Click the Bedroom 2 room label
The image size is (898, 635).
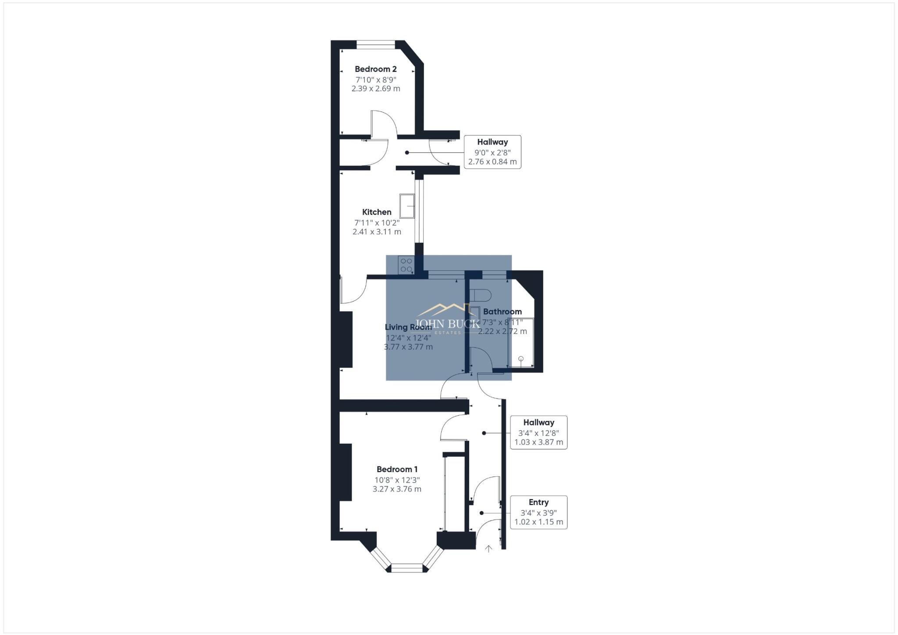376,69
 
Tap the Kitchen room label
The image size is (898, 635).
377,212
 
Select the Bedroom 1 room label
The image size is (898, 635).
397,470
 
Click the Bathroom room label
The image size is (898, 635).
502,312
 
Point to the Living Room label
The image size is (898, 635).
408,327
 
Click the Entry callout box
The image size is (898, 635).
538,512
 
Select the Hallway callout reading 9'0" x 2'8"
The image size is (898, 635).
492,152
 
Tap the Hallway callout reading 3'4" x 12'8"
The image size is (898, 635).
538,432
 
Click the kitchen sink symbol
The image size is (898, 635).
407,206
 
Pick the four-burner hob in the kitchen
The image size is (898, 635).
406,265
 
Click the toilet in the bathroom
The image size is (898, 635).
480,294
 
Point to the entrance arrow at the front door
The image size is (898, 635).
488,549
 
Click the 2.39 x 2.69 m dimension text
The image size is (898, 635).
376,89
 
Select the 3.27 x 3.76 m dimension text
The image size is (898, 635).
397,489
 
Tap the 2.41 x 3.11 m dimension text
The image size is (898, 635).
377,232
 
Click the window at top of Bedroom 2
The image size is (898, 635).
376,44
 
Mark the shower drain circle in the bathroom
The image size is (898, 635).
521,359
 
